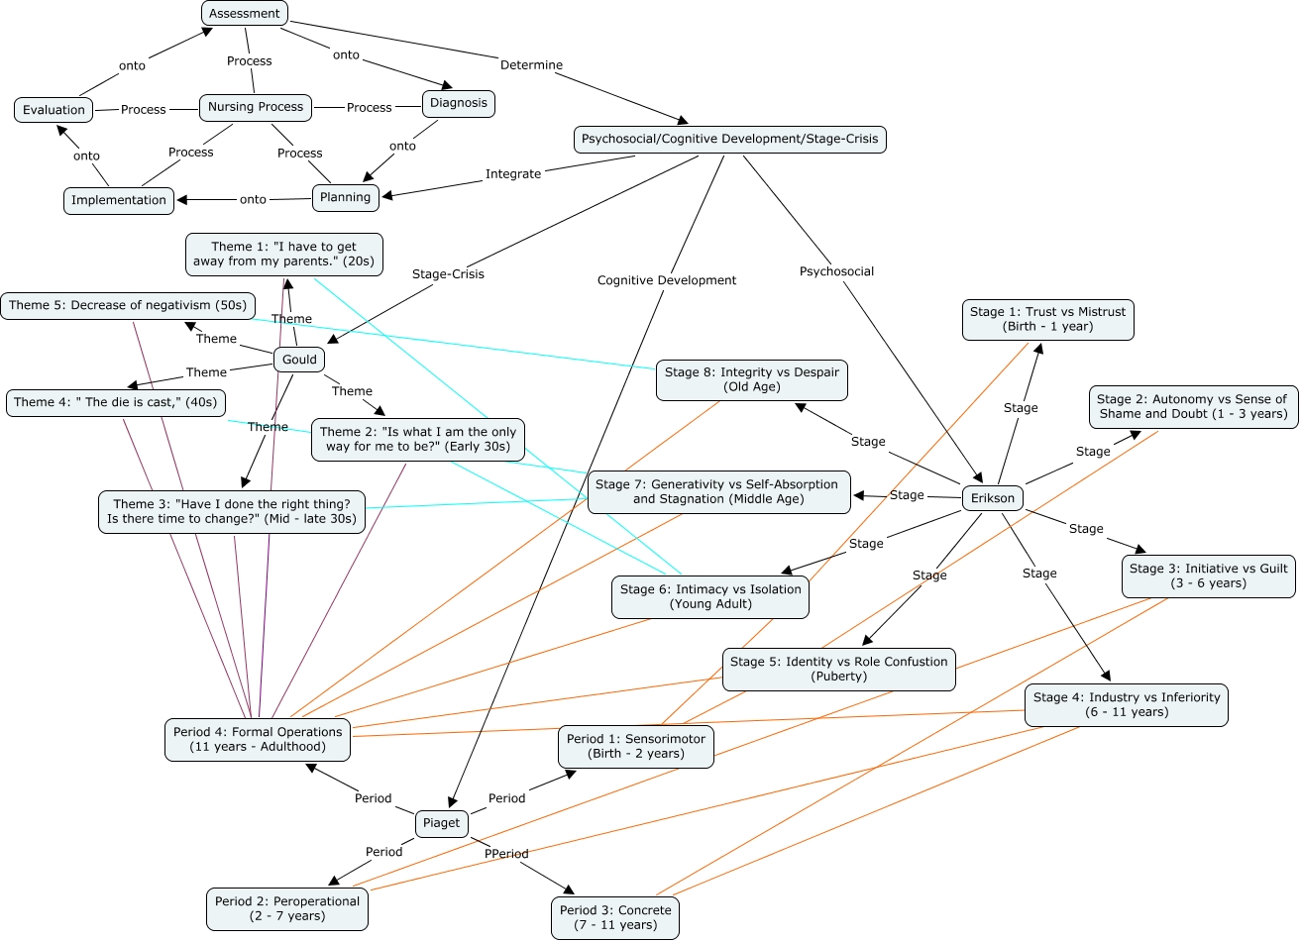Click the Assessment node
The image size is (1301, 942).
pos(245,14)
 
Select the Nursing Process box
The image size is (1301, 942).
pos(256,107)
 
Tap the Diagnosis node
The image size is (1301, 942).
pos(459,103)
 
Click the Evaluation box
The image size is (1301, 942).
pos(54,110)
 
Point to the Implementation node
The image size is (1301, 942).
pos(119,200)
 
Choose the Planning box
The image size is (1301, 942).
pos(346,197)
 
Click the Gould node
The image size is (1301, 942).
pos(299,360)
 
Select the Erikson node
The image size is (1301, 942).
pos(993,498)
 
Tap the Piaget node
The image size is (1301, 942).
pos(442,823)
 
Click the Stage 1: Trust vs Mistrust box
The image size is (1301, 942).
pos(1048,319)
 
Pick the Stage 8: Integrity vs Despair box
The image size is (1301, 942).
pos(752,379)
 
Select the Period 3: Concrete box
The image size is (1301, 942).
pos(615,917)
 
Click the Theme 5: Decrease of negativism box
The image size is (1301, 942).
pos(128,306)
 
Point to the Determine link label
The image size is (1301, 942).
pos(531,65)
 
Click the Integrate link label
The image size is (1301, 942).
pos(513,174)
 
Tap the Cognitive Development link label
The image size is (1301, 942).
pos(667,280)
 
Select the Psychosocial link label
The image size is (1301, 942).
pos(837,271)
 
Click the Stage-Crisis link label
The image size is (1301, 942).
pos(448,274)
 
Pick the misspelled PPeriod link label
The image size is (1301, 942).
pos(506,854)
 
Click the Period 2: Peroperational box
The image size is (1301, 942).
pos(287,908)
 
